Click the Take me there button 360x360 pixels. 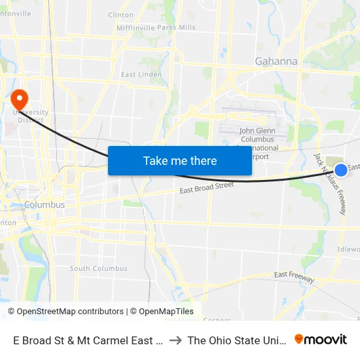[180, 160]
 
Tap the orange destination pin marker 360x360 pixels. [20, 99]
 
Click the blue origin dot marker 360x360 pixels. [341, 170]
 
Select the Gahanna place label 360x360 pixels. [276, 62]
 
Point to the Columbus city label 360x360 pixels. [45, 205]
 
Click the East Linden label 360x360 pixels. [141, 75]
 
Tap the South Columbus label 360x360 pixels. [99, 268]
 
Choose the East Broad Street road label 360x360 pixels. [207, 189]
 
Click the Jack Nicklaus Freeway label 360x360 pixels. [330, 184]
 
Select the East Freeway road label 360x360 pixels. [295, 275]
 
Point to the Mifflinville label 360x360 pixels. [135, 27]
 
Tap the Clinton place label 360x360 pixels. [120, 14]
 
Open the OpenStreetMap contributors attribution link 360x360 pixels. [65, 312]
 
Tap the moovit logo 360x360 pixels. [321, 339]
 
